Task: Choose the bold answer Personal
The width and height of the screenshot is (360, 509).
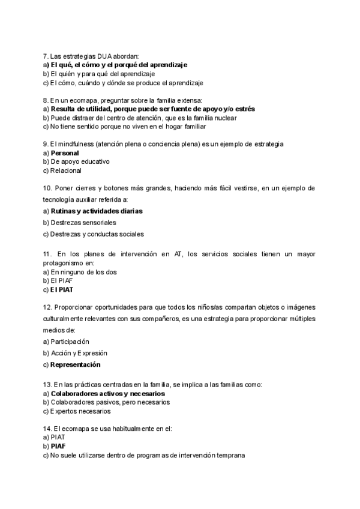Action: pyautogui.click(x=65, y=153)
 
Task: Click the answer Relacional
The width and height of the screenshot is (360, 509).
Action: pyautogui.click(x=66, y=170)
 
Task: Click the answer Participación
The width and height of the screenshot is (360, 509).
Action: pyautogui.click(x=74, y=342)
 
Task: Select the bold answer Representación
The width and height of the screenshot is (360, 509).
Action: pyautogui.click(x=76, y=364)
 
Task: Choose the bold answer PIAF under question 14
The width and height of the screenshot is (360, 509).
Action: pyautogui.click(x=58, y=447)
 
